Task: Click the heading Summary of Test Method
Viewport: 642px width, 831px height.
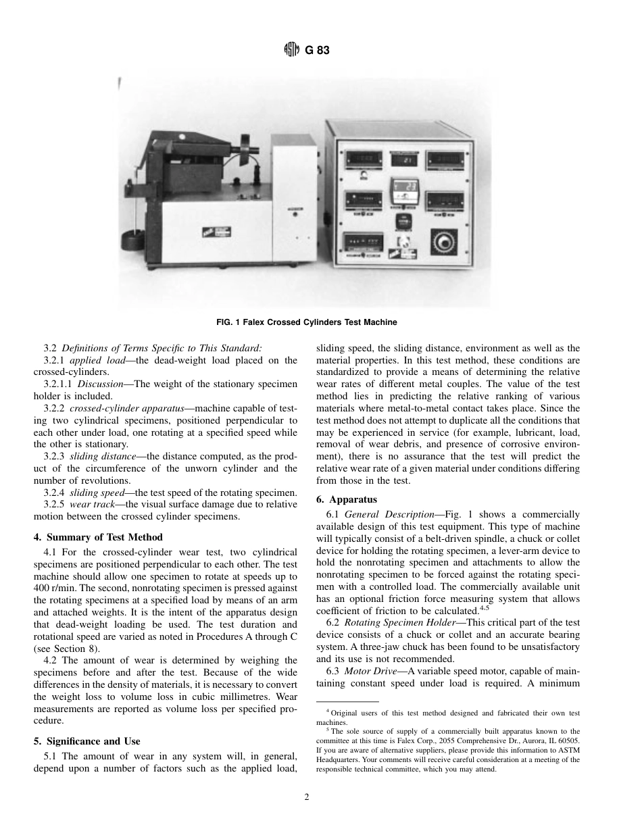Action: coord(105,537)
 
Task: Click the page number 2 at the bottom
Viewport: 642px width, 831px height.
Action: coord(306,798)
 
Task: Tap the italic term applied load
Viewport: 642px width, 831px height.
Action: coord(95,360)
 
